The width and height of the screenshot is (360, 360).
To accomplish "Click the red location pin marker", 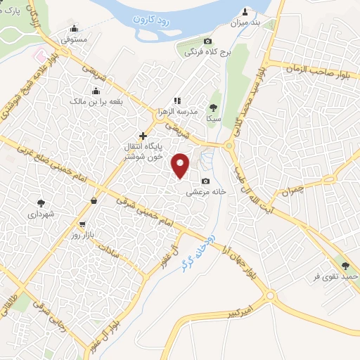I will coord(181,165).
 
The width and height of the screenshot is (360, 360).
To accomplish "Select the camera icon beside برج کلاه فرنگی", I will coord(207,41).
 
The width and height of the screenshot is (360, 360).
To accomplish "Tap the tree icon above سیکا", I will coord(213,108).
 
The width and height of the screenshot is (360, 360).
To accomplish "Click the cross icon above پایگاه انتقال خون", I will coord(143,135).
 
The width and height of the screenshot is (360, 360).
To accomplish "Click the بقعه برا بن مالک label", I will coord(112,101).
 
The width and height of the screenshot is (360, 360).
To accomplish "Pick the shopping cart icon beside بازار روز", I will coord(83,224).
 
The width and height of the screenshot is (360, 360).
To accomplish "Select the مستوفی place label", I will coord(73,40).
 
